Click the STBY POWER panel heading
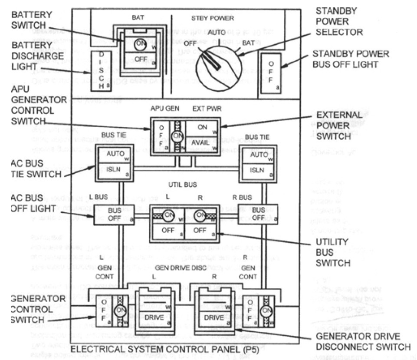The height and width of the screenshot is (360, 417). click(213, 18)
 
